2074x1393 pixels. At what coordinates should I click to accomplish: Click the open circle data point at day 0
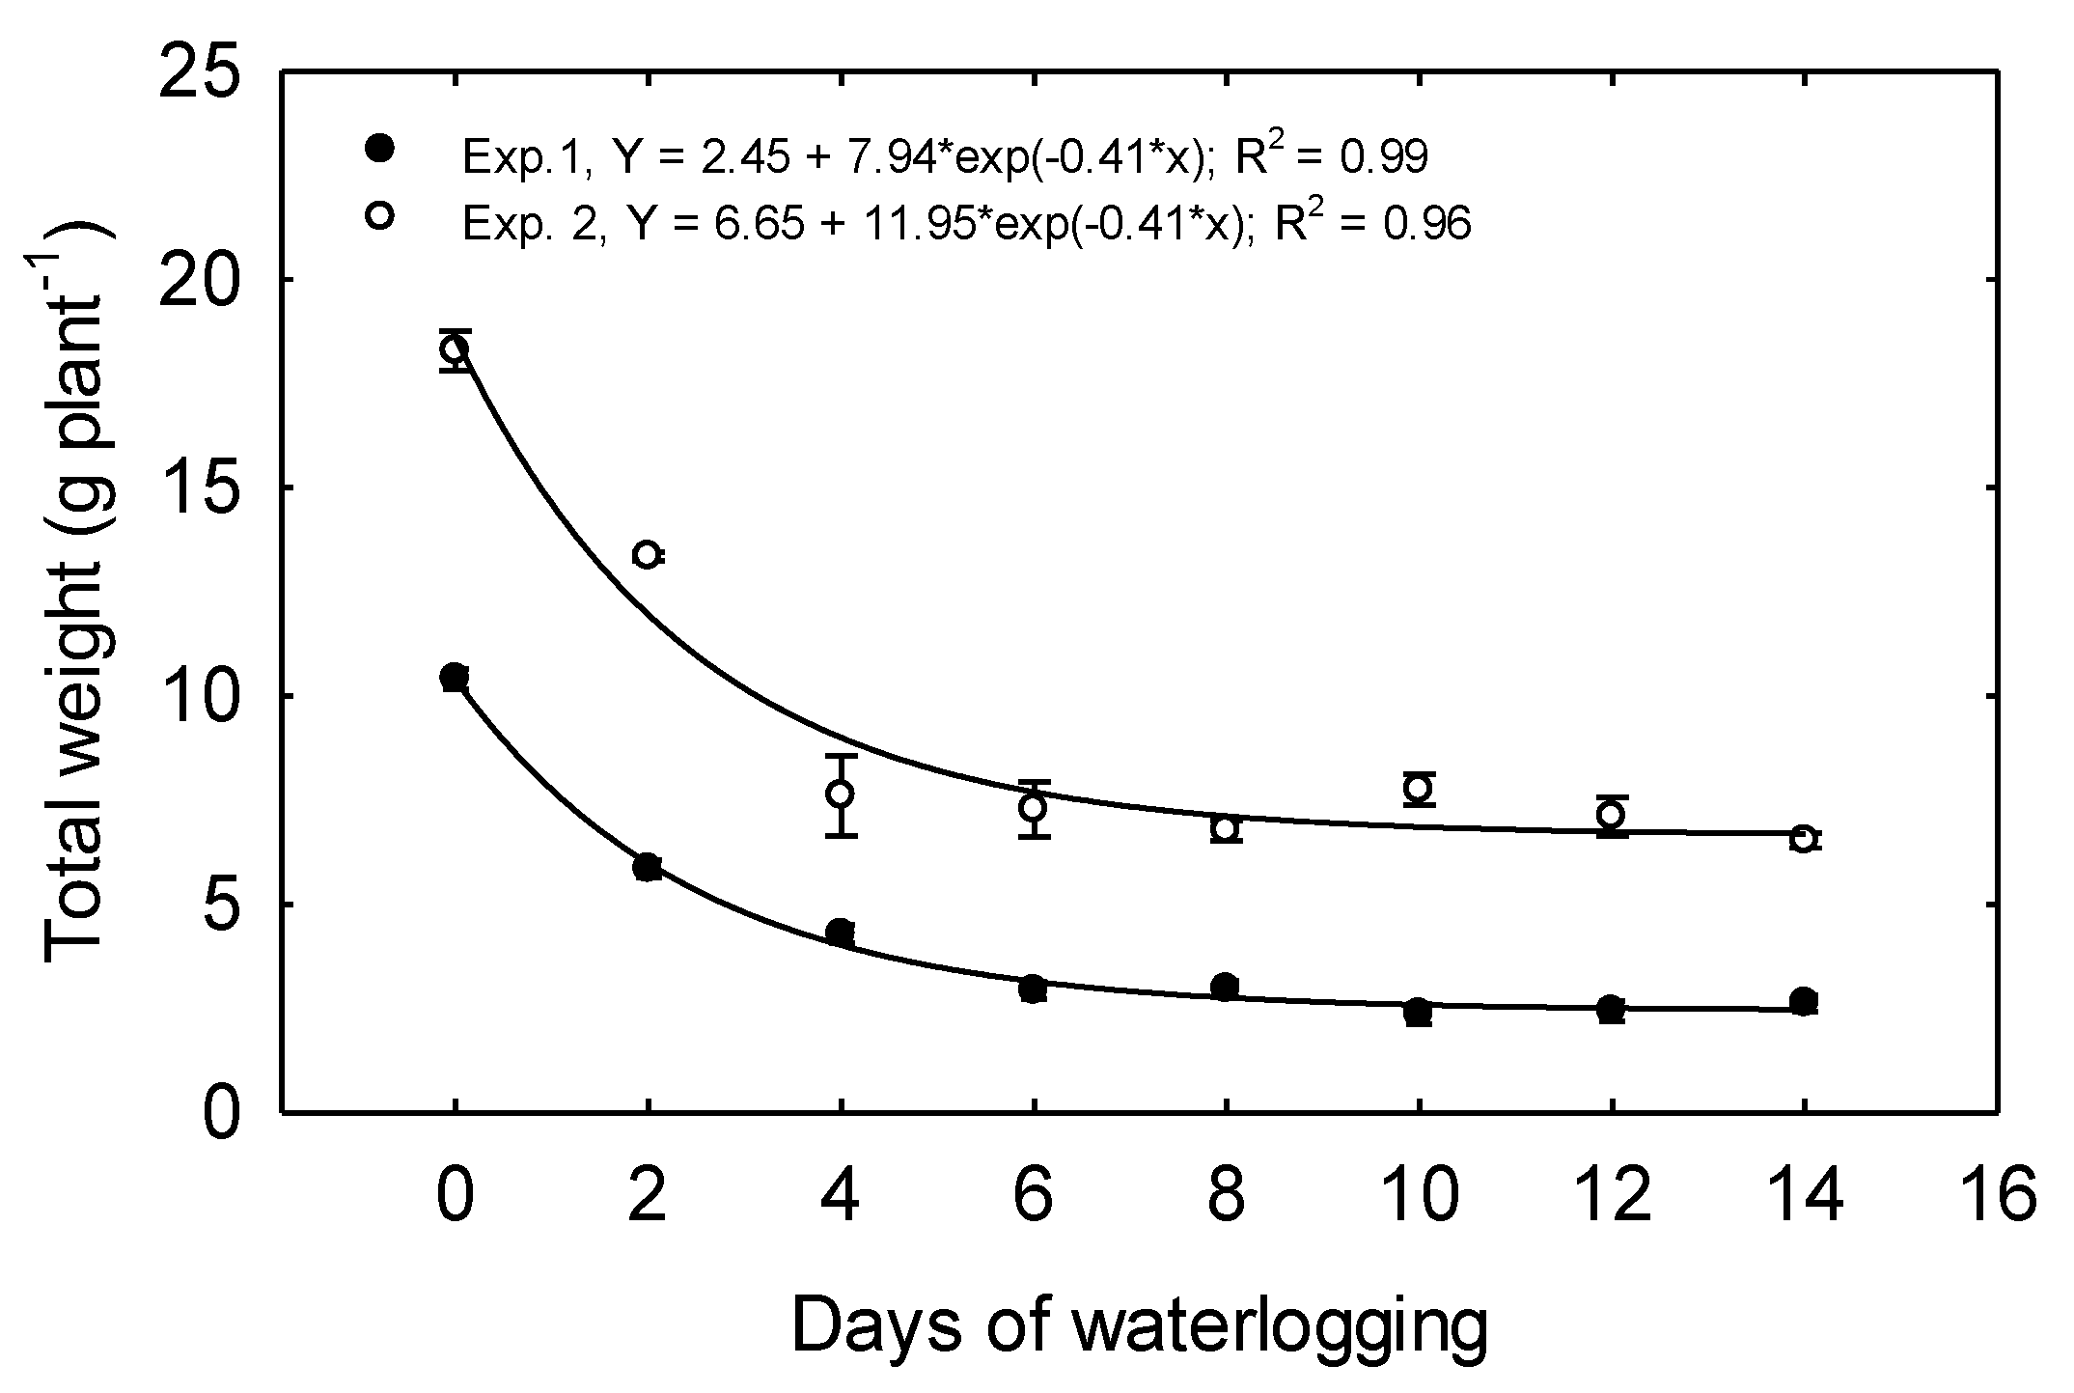[455, 348]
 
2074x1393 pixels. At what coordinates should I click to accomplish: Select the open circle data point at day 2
[647, 554]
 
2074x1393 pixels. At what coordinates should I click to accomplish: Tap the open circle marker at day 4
[841, 794]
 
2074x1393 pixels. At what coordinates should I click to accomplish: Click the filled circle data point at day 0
[455, 678]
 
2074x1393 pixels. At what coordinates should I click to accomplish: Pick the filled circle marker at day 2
[648, 867]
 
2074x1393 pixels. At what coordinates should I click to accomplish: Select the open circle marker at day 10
[1418, 788]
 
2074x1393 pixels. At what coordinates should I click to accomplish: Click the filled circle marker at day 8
[1226, 987]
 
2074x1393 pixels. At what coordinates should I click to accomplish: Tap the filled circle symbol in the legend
[380, 150]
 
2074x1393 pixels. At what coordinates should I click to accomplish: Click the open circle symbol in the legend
[380, 216]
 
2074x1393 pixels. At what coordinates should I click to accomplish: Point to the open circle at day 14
[1802, 838]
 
